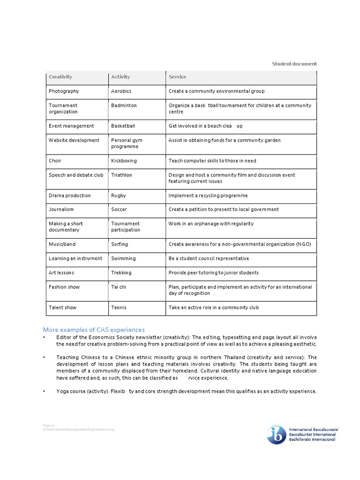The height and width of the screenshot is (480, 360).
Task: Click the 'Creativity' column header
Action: pyautogui.click(x=60, y=77)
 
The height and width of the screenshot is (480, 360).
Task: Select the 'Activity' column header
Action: pyautogui.click(x=120, y=77)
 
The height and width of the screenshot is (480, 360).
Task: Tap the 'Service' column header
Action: pyautogui.click(x=177, y=77)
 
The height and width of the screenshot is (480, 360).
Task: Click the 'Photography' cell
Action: pyautogui.click(x=64, y=91)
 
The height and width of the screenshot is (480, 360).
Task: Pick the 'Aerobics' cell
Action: pyautogui.click(x=121, y=91)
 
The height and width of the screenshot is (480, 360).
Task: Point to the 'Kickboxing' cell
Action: pyautogui.click(x=124, y=161)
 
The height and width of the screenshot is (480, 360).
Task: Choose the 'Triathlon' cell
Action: pyautogui.click(x=121, y=175)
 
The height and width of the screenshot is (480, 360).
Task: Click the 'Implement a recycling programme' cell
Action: pyautogui.click(x=208, y=195)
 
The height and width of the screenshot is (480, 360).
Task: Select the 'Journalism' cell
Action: pyautogui.click(x=61, y=210)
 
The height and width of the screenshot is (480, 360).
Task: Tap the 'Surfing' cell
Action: pyautogui.click(x=120, y=244)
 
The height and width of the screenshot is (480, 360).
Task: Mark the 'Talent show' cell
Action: pyautogui.click(x=62, y=307)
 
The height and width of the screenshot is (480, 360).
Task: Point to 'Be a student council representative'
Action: pyautogui.click(x=209, y=258)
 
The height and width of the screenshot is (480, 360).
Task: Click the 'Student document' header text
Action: pyautogui.click(x=294, y=64)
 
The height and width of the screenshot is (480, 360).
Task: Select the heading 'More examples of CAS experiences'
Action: pyautogui.click(x=94, y=330)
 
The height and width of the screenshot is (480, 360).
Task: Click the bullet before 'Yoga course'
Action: pyautogui.click(x=45, y=391)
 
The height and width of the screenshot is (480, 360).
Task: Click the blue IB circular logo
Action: pyautogui.click(x=277, y=435)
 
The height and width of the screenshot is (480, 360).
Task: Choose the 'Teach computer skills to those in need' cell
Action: pyautogui.click(x=212, y=161)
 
